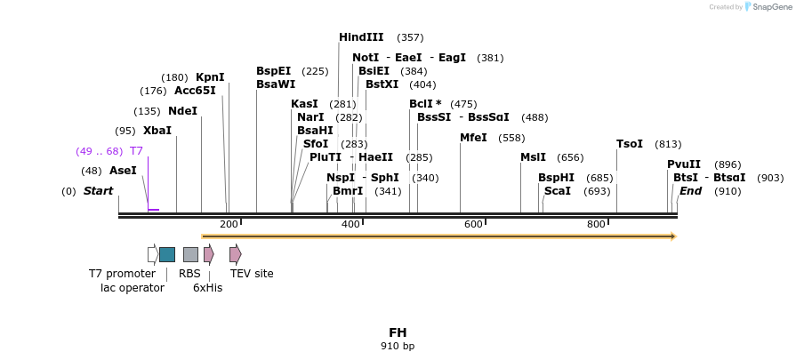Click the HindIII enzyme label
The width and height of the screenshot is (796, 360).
[x=361, y=37]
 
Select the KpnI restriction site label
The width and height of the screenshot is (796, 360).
[x=210, y=77]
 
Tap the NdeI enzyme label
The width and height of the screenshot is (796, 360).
[x=182, y=111]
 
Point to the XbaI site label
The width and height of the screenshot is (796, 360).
[x=157, y=131]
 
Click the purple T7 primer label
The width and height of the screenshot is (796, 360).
[x=136, y=151]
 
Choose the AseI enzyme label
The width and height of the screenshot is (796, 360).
[x=123, y=171]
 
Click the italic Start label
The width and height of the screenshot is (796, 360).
[x=99, y=191]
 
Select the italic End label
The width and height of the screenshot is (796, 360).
[x=691, y=191]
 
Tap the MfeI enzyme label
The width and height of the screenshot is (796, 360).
[x=473, y=138]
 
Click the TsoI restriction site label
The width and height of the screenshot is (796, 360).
[x=630, y=144]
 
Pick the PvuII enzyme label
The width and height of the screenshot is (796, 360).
[x=684, y=164]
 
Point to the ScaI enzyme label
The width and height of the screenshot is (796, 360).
[x=558, y=191]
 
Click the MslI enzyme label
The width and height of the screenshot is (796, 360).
[x=534, y=157]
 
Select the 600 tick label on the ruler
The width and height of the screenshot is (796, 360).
[x=473, y=224]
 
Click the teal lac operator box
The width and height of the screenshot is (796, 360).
[x=167, y=254]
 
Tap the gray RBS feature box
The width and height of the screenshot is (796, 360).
[x=190, y=254]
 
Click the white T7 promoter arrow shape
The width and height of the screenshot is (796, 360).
[x=153, y=254]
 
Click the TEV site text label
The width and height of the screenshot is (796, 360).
[x=252, y=274]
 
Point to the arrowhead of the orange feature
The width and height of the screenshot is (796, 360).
[x=673, y=236]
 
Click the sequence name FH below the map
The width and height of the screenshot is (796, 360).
[x=398, y=332]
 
